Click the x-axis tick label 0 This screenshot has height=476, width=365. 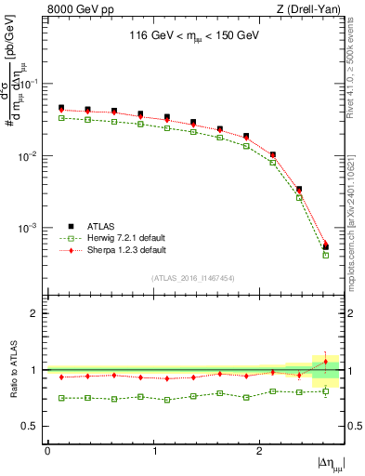[x=47, y=451]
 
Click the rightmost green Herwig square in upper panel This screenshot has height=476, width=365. [x=325, y=255]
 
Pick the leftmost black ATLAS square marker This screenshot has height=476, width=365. [x=61, y=108]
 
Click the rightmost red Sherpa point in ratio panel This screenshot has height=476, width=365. [x=325, y=362]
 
